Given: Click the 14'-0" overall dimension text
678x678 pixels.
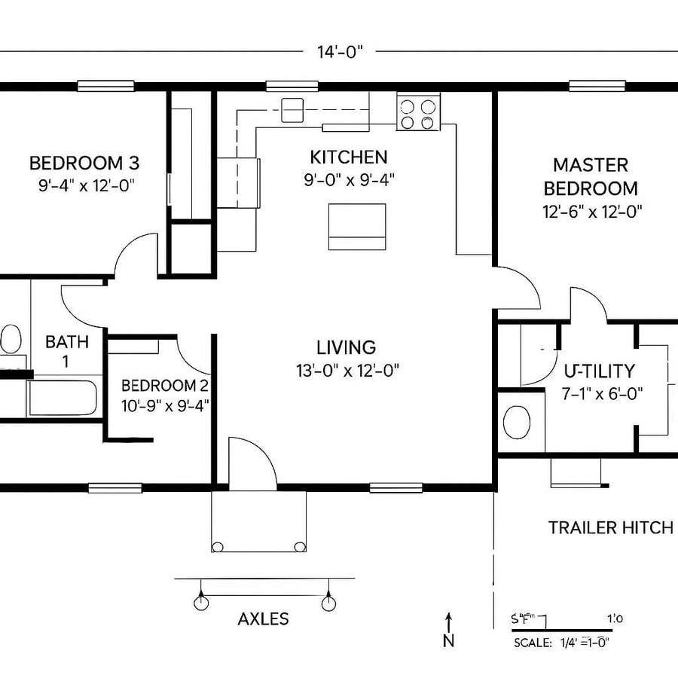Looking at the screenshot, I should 341,52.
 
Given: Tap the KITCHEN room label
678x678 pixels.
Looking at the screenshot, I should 349,157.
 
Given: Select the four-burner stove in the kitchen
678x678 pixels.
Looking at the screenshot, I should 418,113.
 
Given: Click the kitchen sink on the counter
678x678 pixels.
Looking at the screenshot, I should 292,110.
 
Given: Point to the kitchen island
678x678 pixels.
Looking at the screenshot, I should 358,227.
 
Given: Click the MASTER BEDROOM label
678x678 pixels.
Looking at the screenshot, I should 591,176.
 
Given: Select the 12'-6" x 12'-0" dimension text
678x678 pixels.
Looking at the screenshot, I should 591,212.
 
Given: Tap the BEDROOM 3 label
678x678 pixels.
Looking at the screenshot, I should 84,163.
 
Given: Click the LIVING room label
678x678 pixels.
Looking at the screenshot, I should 346,347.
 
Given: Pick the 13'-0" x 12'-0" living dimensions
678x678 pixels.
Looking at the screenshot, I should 347,370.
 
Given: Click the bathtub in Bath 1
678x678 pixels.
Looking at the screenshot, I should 63,398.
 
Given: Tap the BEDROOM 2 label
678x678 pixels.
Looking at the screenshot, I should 165,386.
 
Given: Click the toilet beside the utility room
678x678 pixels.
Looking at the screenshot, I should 517,422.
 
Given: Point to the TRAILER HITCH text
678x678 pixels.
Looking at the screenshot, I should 610,527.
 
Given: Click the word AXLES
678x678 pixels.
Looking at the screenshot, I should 263,619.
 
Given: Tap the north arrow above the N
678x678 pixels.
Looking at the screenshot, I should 448,622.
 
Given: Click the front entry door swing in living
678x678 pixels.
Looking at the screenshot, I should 253,463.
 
